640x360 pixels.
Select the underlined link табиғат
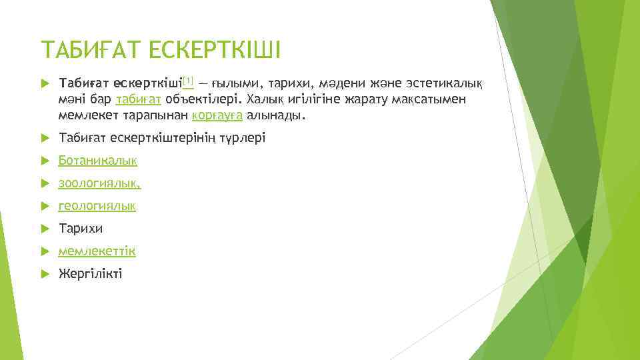[x=137, y=100]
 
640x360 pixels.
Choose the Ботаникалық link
[x=98, y=161]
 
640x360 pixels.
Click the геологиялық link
[x=97, y=206]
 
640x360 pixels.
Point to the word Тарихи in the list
[x=81, y=229]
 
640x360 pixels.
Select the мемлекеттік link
[x=97, y=251]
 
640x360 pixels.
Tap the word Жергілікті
[x=91, y=274]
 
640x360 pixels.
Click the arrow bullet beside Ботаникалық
[x=45, y=161]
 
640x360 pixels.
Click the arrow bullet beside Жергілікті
[x=45, y=274]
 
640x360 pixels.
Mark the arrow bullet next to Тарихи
[x=45, y=229]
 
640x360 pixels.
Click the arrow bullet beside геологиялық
[x=45, y=206]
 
